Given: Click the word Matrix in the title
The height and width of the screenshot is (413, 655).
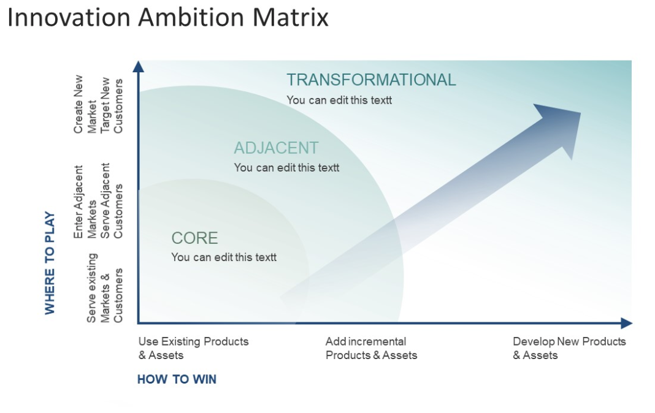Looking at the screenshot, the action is (290, 18).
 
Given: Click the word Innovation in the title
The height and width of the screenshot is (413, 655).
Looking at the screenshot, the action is (69, 18).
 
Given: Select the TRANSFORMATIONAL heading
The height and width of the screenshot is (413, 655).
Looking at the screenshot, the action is (371, 80).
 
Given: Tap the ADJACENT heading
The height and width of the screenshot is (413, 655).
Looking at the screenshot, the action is (276, 148).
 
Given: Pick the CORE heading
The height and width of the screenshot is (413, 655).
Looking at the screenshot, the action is (194, 238).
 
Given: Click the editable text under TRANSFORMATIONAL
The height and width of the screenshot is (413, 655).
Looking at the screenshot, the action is (339, 100).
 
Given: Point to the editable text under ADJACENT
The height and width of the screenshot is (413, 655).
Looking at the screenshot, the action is (286, 168).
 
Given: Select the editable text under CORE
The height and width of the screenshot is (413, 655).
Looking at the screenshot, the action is (224, 257).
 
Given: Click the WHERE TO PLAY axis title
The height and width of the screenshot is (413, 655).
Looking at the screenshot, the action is (50, 263).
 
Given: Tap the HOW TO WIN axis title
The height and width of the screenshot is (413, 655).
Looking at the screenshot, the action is (177, 379).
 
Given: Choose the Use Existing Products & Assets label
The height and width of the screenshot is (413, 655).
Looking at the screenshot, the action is (193, 348).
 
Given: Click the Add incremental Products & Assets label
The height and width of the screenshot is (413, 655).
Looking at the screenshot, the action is (372, 348).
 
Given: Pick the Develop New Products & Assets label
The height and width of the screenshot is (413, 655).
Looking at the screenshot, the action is (569, 348).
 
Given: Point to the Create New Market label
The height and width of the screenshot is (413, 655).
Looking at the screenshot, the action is (85, 104).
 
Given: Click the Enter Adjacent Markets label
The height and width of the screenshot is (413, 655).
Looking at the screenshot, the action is (85, 202).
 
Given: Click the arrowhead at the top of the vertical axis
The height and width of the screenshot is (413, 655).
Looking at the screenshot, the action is (138, 67).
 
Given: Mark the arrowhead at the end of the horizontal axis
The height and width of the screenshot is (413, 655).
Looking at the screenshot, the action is (626, 323).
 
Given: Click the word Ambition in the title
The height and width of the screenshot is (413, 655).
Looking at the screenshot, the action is (191, 18).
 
